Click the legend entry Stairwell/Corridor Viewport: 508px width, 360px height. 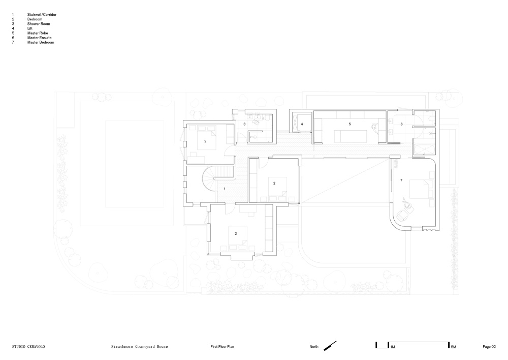pos(42,15)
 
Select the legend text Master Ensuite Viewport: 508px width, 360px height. pos(39,38)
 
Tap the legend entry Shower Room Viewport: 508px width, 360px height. pos(39,24)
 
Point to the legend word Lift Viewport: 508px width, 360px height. pos(30,28)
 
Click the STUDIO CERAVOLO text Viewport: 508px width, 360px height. pos(28,347)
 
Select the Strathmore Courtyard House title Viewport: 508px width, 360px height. pos(140,347)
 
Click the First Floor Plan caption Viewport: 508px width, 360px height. pos(223,347)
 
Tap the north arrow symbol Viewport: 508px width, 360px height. pos(330,346)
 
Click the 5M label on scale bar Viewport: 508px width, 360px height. pos(453,347)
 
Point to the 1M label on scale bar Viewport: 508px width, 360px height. pos(392,347)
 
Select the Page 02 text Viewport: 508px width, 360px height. pos(489,347)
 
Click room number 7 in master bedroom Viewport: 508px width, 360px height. pos(401,181)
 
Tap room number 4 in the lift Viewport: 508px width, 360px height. pos(302,124)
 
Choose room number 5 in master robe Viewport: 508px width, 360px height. pos(350,124)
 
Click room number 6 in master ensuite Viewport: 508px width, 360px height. pos(402,124)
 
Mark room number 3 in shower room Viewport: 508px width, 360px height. pos(245,124)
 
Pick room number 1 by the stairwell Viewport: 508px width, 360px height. pos(225,189)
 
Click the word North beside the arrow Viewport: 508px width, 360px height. pos(314,347)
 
